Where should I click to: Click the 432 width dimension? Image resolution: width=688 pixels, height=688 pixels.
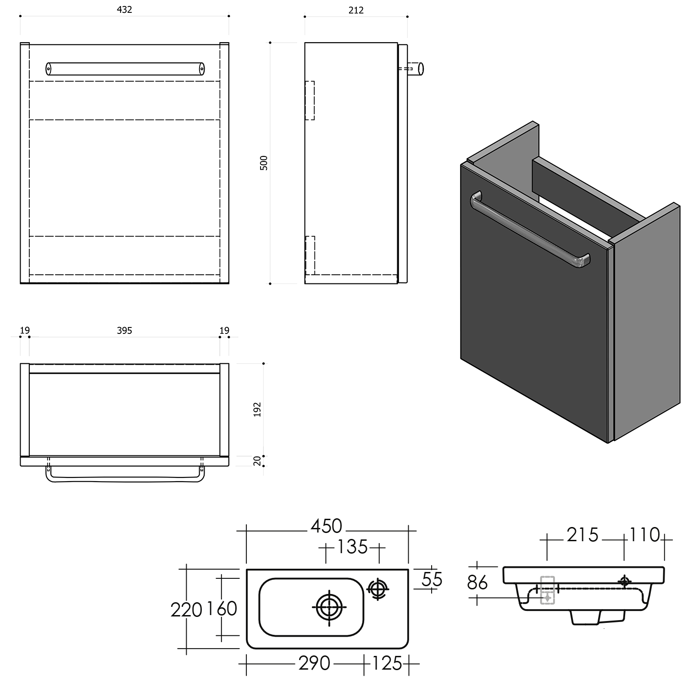click(124, 10)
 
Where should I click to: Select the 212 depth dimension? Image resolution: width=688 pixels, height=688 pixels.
click(356, 10)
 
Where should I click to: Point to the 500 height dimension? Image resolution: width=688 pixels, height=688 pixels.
click(264, 163)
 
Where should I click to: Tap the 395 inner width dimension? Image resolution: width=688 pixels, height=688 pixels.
click(124, 330)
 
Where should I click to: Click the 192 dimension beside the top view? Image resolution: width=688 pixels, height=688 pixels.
click(257, 410)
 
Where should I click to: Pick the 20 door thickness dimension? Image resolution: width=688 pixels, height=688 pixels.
click(257, 461)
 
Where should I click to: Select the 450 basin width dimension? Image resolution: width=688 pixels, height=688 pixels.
click(327, 526)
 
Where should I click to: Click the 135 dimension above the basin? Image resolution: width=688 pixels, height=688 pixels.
click(352, 547)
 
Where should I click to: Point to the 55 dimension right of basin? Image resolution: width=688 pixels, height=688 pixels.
click(432, 580)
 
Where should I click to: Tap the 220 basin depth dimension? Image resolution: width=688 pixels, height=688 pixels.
click(186, 610)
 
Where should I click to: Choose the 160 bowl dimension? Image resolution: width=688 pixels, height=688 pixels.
click(222, 609)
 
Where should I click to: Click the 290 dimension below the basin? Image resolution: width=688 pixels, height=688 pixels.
click(314, 663)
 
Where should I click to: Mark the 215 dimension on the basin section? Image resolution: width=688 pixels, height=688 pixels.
click(583, 535)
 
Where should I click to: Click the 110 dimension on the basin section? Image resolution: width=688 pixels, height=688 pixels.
click(644, 535)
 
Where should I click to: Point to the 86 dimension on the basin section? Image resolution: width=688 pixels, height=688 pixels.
click(477, 583)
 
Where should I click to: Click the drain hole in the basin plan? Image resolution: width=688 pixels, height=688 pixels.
click(329, 607)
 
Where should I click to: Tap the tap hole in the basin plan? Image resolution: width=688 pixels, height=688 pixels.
click(377, 588)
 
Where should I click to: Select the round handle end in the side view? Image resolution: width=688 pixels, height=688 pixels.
click(421, 69)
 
